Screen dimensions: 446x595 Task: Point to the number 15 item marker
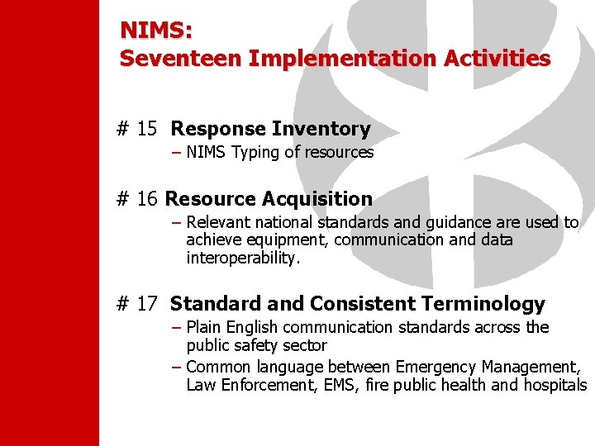tap(147, 129)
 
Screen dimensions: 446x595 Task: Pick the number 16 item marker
tap(147, 199)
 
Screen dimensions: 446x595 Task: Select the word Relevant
tap(217, 223)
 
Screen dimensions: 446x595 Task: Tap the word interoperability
tap(243, 258)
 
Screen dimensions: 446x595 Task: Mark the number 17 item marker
tap(147, 304)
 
